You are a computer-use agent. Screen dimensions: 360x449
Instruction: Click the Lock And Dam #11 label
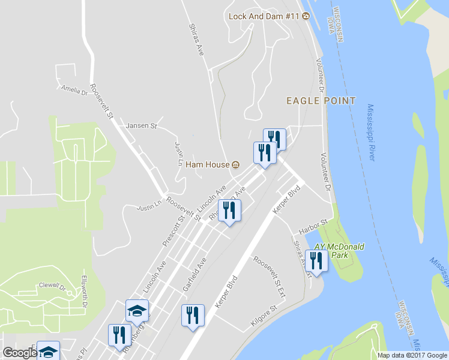coord(264,16)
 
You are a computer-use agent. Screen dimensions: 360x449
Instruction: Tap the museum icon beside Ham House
coord(235,165)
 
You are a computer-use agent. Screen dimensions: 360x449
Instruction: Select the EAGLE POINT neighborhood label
coord(321,101)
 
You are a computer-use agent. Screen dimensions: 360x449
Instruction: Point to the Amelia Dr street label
coord(74,89)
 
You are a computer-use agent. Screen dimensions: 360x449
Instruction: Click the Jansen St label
coord(141,126)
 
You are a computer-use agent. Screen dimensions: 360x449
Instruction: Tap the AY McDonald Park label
coord(340,251)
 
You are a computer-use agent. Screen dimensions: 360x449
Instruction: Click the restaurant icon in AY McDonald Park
coord(316,261)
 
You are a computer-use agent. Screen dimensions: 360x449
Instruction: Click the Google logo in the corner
coord(19,353)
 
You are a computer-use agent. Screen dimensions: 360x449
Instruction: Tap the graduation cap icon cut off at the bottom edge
coord(48,351)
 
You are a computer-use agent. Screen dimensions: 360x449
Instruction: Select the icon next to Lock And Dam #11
coord(306,16)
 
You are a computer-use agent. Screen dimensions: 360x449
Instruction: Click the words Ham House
coord(207,165)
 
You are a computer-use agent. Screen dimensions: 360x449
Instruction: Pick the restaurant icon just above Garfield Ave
coord(229,211)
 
